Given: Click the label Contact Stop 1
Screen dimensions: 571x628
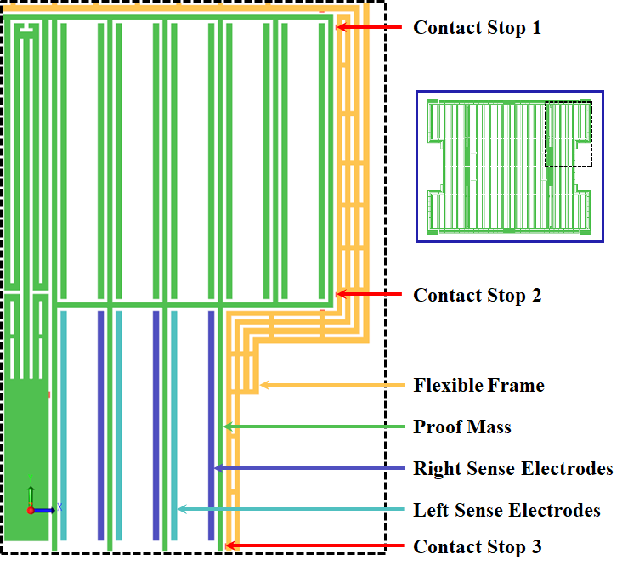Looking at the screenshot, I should point(476,28).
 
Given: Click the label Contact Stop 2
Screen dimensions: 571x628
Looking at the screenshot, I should point(476,296).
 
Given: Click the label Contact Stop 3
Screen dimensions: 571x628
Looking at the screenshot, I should point(477,546).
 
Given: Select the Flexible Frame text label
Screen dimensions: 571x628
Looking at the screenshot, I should point(478,386).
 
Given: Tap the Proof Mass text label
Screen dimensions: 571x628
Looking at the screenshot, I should point(461,427).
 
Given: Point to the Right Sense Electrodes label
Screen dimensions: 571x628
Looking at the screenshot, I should point(512,468).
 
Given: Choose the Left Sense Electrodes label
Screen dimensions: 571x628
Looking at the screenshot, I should point(506,510).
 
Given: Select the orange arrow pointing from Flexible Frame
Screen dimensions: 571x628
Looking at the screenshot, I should point(331,385).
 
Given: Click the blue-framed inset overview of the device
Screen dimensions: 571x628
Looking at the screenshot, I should point(509,167).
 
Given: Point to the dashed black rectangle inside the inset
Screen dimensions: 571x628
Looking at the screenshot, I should point(568,134).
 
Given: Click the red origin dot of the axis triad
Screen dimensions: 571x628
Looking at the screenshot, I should point(31,510).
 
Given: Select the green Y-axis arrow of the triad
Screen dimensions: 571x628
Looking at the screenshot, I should point(31,495).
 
